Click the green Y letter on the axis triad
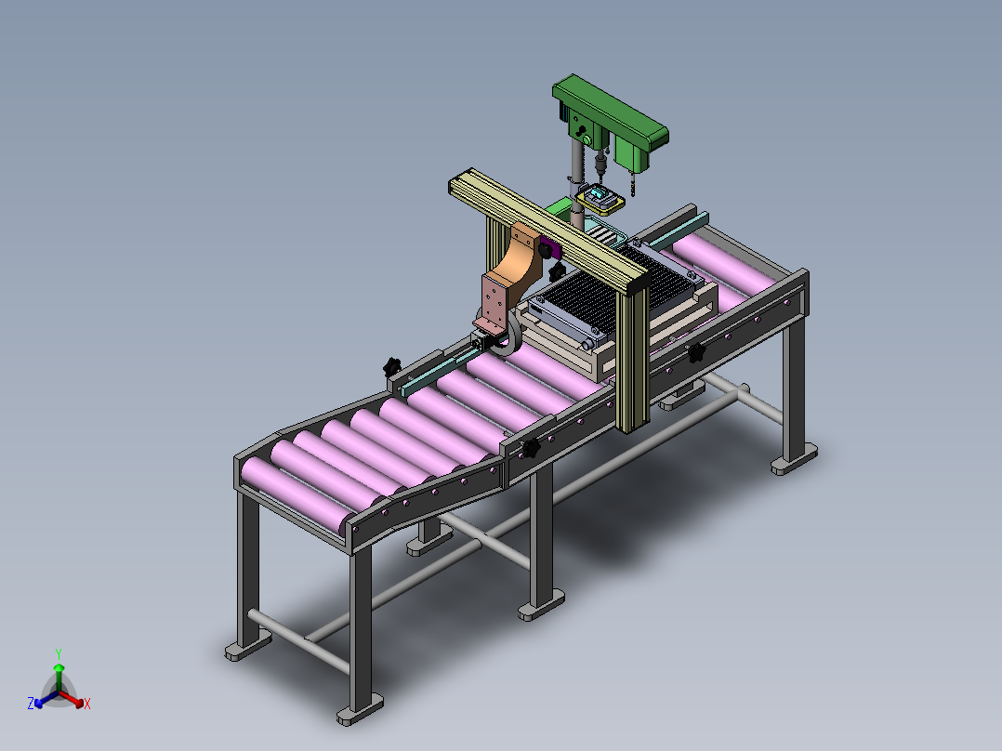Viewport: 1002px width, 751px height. (x=59, y=654)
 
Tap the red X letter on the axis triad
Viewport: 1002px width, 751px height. (x=87, y=704)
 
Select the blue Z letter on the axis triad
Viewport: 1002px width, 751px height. (x=31, y=704)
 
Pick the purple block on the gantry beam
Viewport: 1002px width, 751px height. (x=549, y=247)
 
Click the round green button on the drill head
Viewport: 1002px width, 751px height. (x=587, y=139)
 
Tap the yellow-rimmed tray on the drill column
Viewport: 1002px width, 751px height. (x=600, y=199)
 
